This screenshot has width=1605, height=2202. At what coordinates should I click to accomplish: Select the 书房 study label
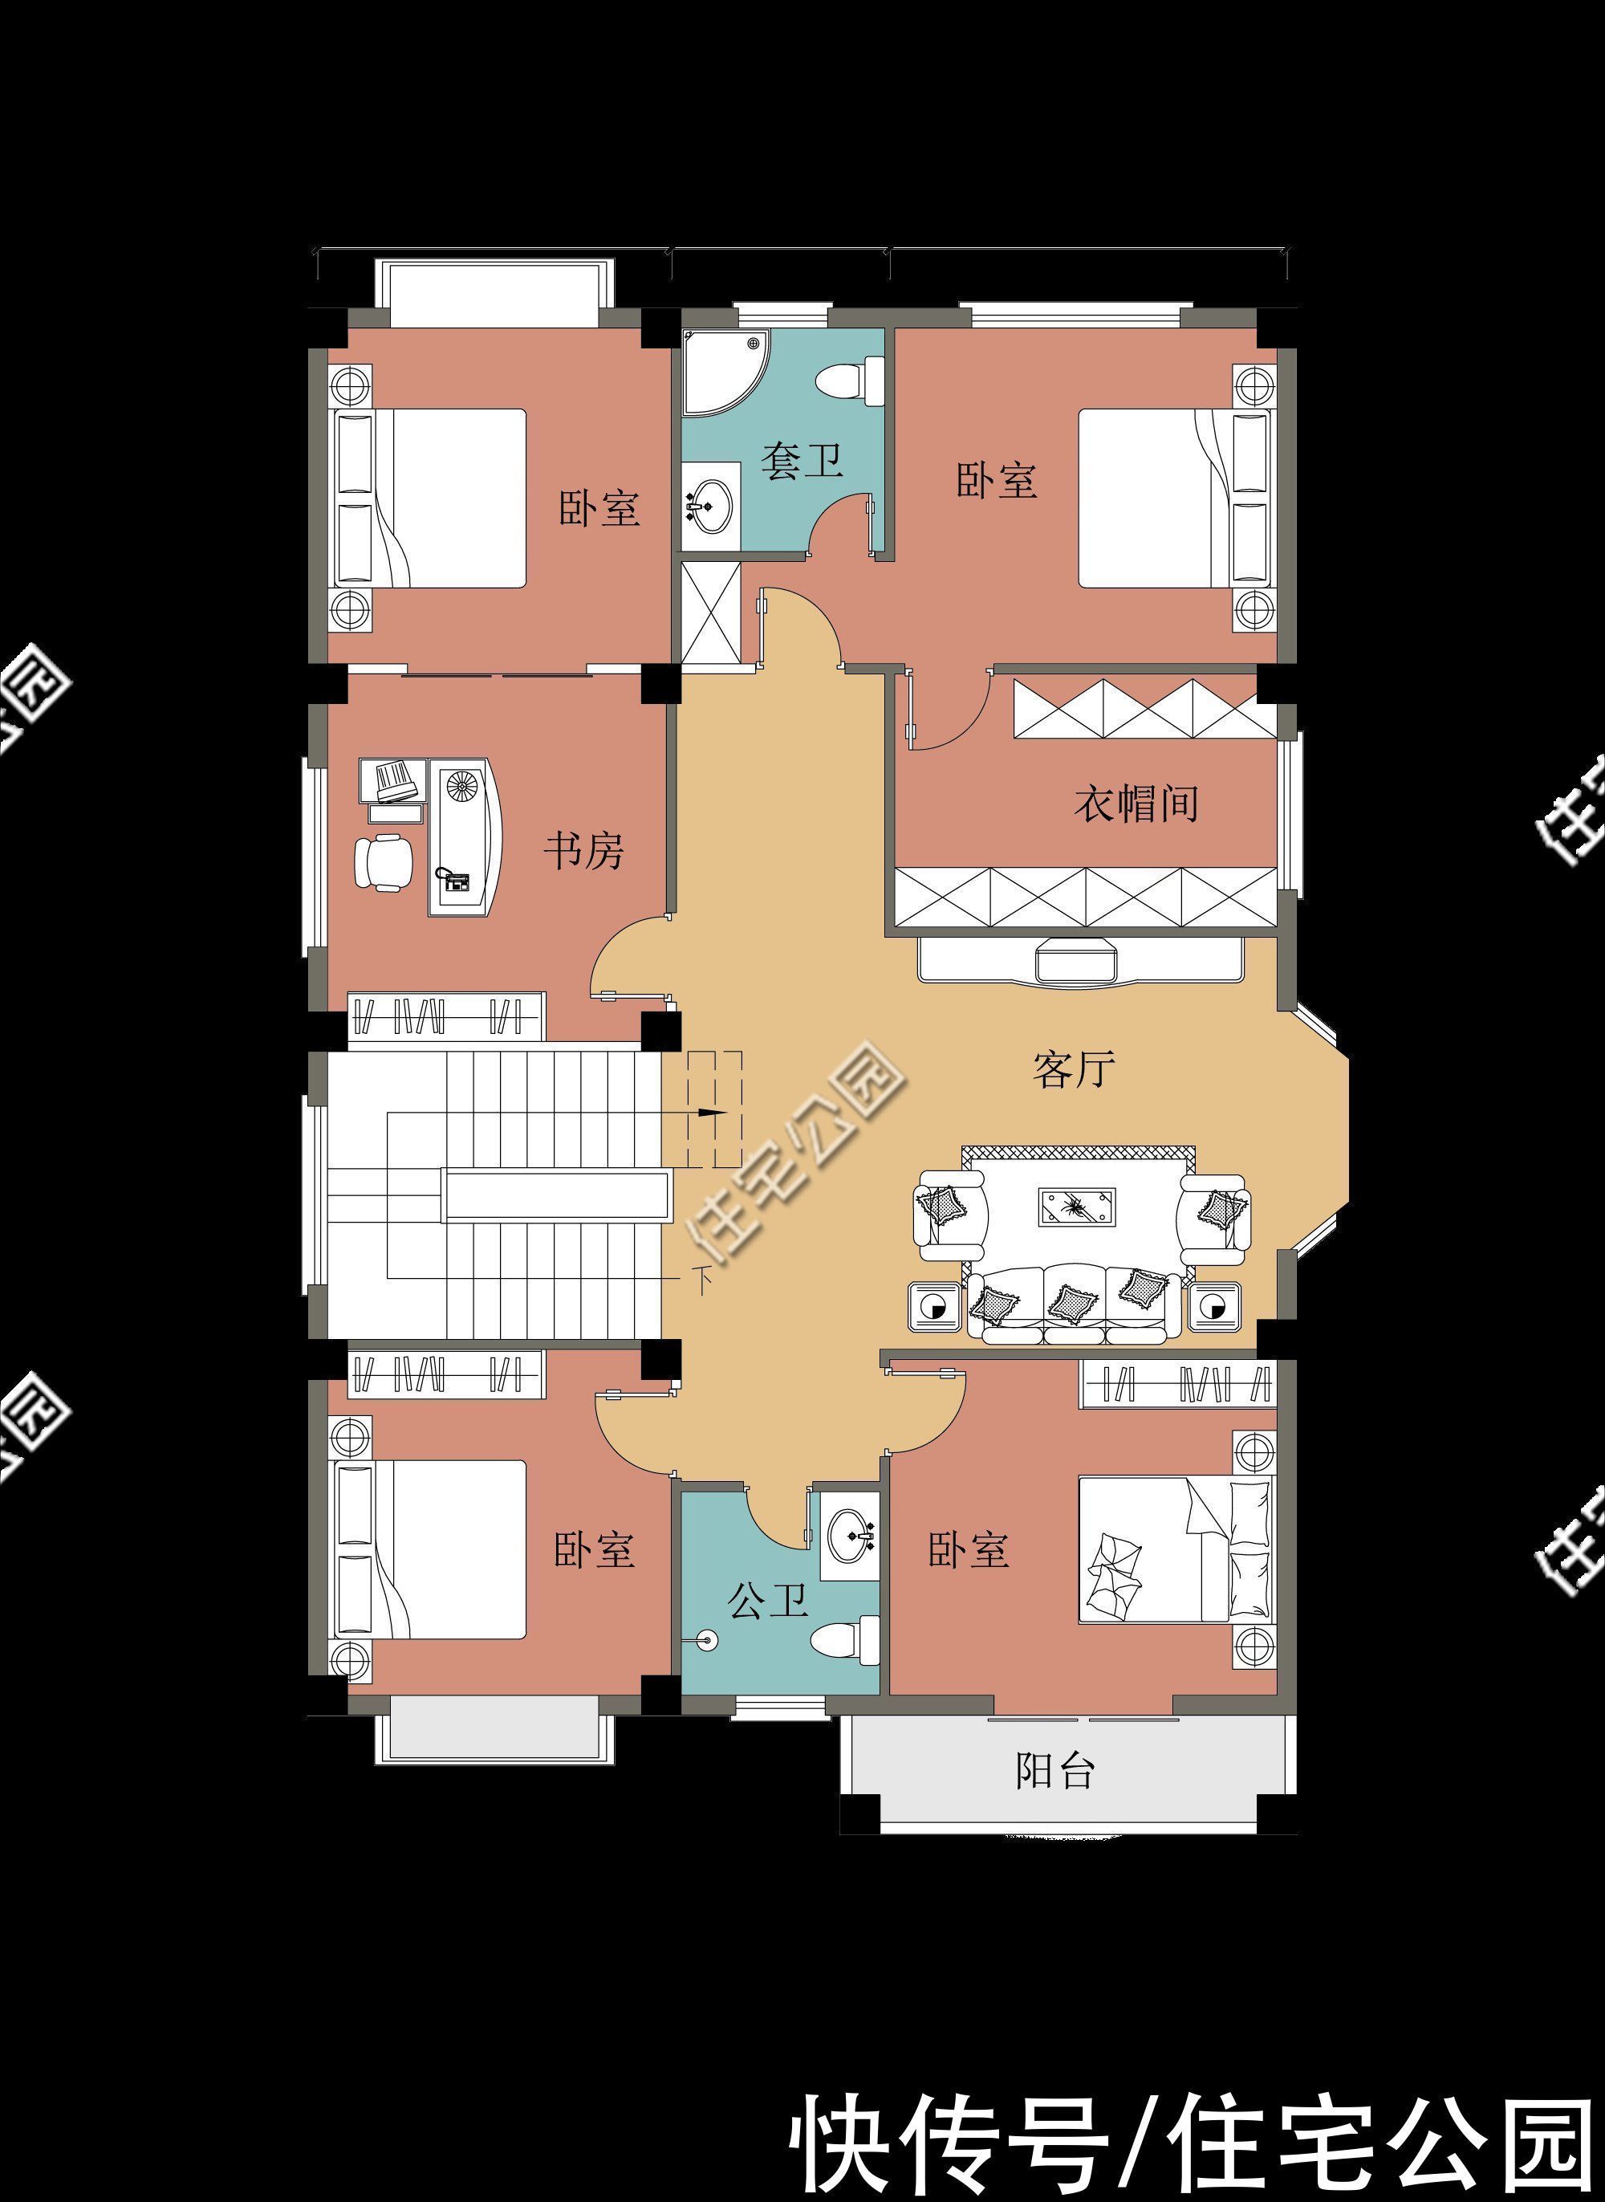pos(582,851)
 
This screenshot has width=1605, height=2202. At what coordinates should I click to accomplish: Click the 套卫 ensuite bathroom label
pos(801,461)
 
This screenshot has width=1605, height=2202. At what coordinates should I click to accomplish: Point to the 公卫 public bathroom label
pos(767,1599)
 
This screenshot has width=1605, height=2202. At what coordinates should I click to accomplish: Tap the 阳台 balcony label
pos(1055,1772)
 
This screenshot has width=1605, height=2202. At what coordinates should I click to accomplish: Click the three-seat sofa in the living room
pos(1074,1303)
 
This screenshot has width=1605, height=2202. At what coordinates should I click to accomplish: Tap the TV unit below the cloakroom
pos(1079,960)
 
